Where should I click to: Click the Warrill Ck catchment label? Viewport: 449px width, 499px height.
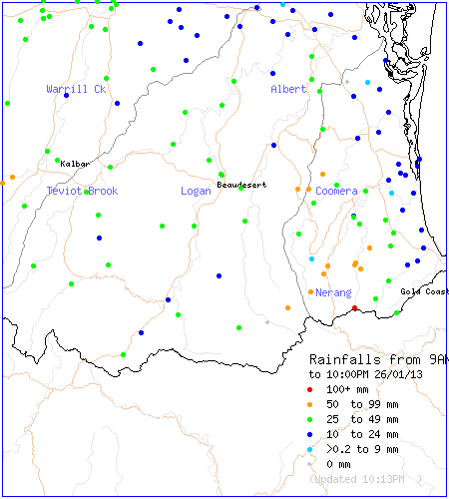(76, 89)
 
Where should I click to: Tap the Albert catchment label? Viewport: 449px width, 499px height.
(288, 89)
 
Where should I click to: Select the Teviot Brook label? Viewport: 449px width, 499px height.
(82, 191)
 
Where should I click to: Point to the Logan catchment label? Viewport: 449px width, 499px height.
(196, 191)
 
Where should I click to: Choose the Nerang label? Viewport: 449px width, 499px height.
(333, 292)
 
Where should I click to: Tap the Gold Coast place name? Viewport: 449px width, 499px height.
(424, 291)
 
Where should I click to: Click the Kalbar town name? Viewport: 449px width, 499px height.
(75, 163)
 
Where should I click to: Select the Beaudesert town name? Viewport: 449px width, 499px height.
(242, 185)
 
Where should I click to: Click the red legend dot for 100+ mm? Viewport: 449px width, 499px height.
(311, 390)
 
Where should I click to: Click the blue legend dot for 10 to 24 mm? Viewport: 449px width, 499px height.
(311, 435)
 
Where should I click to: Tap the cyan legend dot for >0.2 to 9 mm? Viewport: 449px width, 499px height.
(311, 450)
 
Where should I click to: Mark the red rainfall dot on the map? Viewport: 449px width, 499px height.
(355, 308)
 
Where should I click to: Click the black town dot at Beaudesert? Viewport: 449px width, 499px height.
(221, 175)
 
